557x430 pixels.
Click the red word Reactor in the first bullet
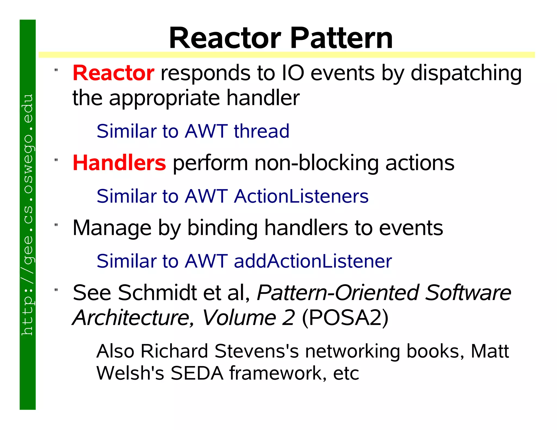click(113, 73)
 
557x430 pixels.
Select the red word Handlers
click(119, 163)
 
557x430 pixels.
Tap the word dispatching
click(466, 73)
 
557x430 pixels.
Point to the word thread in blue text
click(262, 131)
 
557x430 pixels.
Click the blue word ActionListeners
click(301, 196)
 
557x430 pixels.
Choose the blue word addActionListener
click(313, 261)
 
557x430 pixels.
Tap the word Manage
click(112, 228)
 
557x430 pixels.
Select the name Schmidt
click(157, 293)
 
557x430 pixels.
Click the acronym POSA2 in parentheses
click(345, 318)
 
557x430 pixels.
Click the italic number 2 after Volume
click(288, 318)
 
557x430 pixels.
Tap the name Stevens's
click(256, 351)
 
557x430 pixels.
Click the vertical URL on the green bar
click(27, 214)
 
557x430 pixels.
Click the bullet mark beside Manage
click(56, 225)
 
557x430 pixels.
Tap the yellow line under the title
click(286, 55)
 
